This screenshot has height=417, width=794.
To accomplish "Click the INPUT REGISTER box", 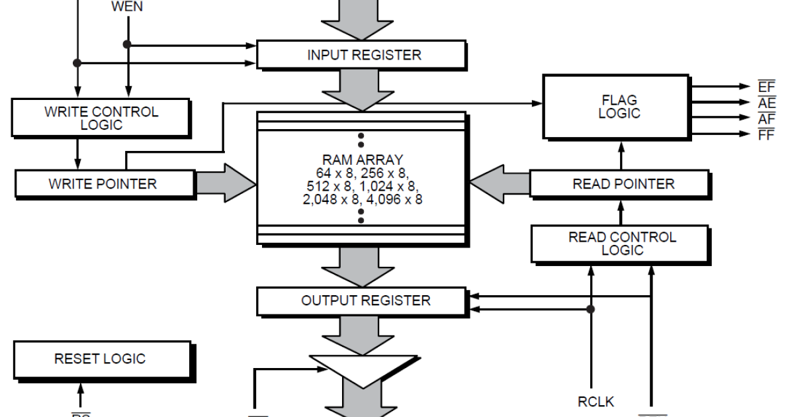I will click(x=363, y=55).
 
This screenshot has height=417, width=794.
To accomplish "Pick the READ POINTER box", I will click(x=623, y=183).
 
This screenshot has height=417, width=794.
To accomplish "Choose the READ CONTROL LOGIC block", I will click(x=622, y=243).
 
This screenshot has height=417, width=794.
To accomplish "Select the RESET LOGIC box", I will click(x=99, y=359).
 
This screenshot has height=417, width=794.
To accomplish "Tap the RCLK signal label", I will click(x=595, y=401).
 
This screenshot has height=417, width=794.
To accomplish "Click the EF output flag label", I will click(x=766, y=87).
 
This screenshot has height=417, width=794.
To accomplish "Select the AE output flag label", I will click(x=766, y=103).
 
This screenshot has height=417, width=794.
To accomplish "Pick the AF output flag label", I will click(x=766, y=118).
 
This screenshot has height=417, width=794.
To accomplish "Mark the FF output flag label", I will click(x=766, y=134).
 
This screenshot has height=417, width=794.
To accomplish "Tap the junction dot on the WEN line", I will click(x=128, y=45).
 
